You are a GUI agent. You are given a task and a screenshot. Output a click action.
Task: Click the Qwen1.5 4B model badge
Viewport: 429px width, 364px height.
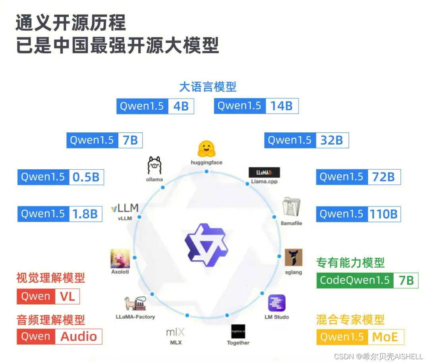[155, 106]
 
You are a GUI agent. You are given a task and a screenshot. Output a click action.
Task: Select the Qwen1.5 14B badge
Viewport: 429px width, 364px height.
[256, 106]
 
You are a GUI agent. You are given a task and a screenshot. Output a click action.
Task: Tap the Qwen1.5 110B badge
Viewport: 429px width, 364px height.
[358, 214]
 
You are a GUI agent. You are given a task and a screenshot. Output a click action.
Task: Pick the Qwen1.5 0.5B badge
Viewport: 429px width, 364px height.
[60, 177]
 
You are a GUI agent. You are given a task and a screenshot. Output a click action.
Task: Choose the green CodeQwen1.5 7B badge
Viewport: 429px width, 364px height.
[367, 280]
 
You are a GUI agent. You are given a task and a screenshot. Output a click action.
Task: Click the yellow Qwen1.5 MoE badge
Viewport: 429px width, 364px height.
[360, 337]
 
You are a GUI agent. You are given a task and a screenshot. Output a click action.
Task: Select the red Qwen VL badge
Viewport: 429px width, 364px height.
[48, 296]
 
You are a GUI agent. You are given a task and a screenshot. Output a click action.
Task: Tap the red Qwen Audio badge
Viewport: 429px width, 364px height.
[59, 337]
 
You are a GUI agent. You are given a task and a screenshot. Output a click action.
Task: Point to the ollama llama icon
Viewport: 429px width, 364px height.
[154, 165]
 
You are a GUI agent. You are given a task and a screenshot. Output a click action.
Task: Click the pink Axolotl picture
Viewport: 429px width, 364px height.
[120, 258]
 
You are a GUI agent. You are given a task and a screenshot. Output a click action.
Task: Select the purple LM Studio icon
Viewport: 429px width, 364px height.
[276, 303]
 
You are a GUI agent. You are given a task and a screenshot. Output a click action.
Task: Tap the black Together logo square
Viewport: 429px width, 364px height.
[238, 331]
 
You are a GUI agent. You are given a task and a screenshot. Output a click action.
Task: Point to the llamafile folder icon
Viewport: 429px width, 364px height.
[291, 207]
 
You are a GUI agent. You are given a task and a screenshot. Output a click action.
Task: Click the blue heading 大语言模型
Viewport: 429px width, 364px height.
[208, 86]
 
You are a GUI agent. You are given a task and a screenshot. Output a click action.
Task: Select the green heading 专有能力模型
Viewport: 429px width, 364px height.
[350, 263]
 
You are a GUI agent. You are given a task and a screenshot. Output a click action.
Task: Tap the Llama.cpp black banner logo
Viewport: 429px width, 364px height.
[264, 172]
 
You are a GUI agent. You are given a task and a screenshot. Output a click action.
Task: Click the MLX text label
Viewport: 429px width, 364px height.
[176, 342]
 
